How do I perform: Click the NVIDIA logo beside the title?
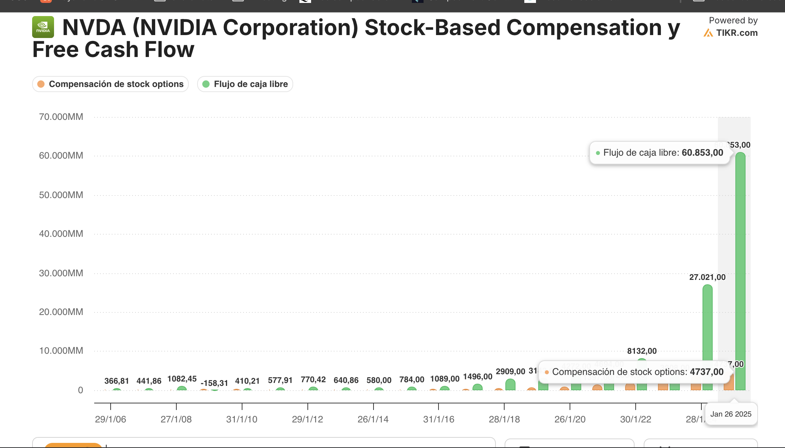[43, 27]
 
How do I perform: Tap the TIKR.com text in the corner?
[736, 33]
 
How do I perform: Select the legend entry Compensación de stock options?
[110, 84]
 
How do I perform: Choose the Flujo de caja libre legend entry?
[245, 84]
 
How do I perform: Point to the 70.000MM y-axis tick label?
[61, 117]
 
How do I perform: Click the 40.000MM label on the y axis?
[61, 234]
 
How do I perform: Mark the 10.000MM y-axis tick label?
[61, 351]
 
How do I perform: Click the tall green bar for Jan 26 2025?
[740, 270]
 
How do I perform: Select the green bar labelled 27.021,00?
[707, 336]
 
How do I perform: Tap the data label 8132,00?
[642, 351]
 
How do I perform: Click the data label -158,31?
[214, 383]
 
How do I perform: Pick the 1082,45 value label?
[182, 379]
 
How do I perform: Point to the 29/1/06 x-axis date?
[110, 419]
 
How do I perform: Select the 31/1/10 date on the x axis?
[242, 419]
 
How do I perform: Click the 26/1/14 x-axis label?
[373, 419]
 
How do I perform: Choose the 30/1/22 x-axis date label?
[636, 419]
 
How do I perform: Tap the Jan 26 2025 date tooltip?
[731, 414]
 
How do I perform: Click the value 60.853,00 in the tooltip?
[702, 153]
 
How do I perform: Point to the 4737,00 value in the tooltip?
[706, 372]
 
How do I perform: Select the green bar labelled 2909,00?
[510, 385]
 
